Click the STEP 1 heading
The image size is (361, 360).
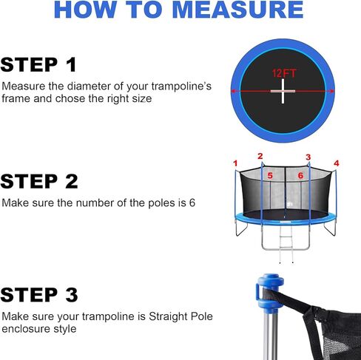pyautogui.click(x=39, y=64)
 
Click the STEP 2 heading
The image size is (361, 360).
pyautogui.click(x=39, y=181)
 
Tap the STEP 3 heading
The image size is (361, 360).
pyautogui.click(x=39, y=295)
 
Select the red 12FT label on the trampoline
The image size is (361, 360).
pyautogui.click(x=282, y=75)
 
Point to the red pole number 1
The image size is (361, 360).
pyautogui.click(x=235, y=163)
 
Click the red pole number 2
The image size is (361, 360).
pyautogui.click(x=260, y=156)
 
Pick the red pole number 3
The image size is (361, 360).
pyautogui.click(x=308, y=157)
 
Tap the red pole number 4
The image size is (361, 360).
pyautogui.click(x=336, y=163)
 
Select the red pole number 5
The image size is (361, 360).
pyautogui.click(x=270, y=176)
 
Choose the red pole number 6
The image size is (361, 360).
pyautogui.click(x=301, y=176)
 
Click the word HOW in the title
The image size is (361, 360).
pyautogui.click(x=83, y=10)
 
